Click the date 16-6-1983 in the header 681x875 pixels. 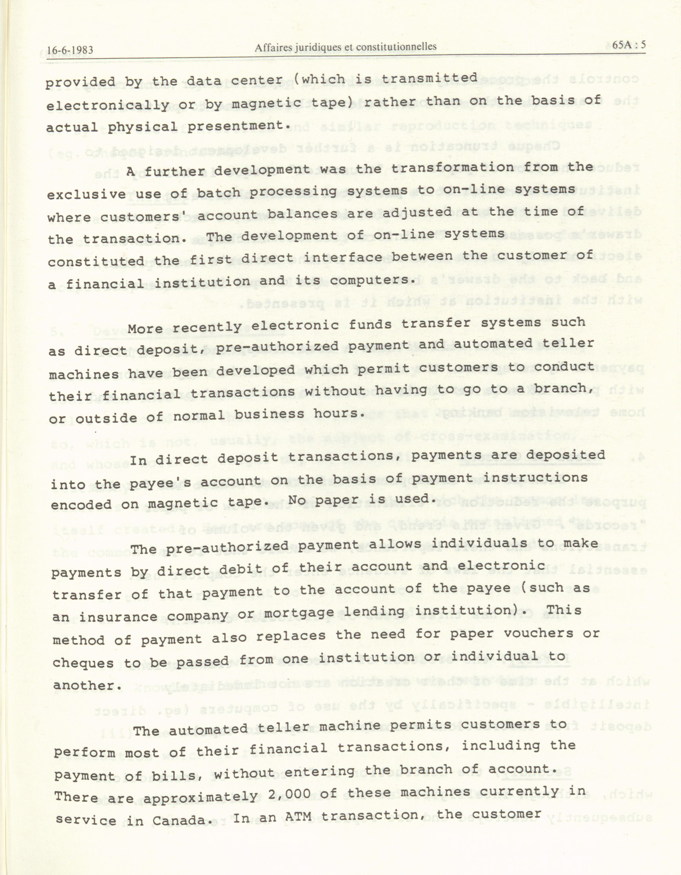pos(70,50)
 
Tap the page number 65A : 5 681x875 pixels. pos(629,44)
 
